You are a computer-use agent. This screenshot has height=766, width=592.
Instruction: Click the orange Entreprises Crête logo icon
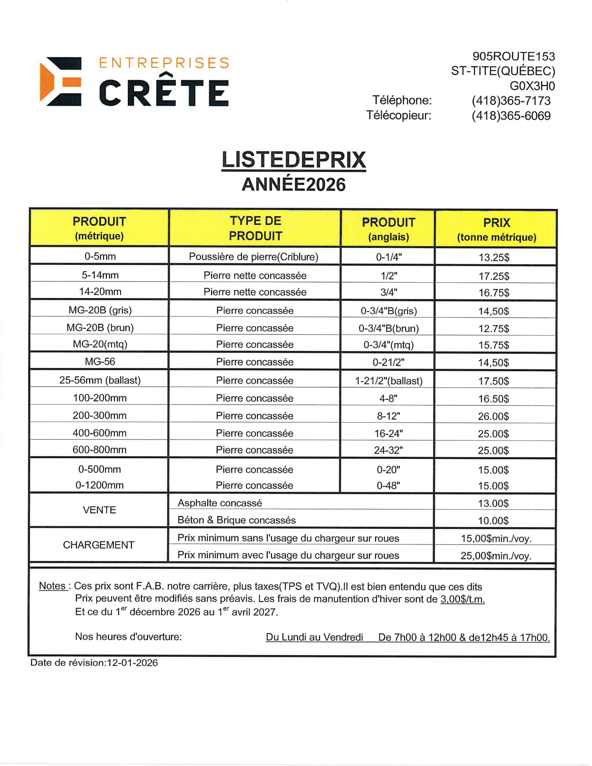pos(60,81)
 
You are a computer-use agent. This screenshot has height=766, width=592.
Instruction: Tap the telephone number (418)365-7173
pos(511,101)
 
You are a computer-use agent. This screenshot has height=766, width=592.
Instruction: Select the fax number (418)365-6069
pos(511,116)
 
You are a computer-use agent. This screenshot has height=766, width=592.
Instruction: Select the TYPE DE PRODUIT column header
pos(255,228)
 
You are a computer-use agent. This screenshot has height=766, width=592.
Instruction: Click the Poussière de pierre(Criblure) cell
pos(254,257)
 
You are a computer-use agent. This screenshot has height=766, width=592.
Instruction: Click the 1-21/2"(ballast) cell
pos(389,381)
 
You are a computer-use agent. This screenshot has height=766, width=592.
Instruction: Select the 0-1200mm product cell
pos(100,485)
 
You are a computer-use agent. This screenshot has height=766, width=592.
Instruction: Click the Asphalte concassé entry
pos(220,503)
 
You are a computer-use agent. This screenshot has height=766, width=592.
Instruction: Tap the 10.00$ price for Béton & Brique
pos(493,520)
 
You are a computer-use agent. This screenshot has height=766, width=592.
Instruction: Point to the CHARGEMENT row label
pos(98,545)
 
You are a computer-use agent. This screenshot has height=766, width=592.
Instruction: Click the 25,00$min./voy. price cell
pos(496,555)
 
